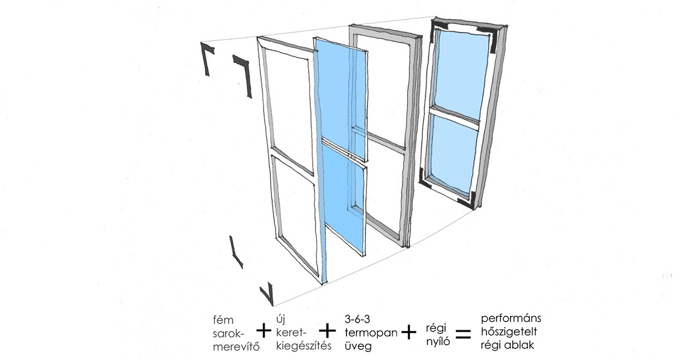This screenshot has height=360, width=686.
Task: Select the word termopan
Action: pyautogui.click(x=370, y=332)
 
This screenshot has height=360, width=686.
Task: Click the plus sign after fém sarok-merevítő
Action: pyautogui.click(x=263, y=331)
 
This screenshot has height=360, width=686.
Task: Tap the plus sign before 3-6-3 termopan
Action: pyautogui.click(x=328, y=331)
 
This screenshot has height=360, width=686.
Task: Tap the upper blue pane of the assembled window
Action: pyautogui.click(x=460, y=71)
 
